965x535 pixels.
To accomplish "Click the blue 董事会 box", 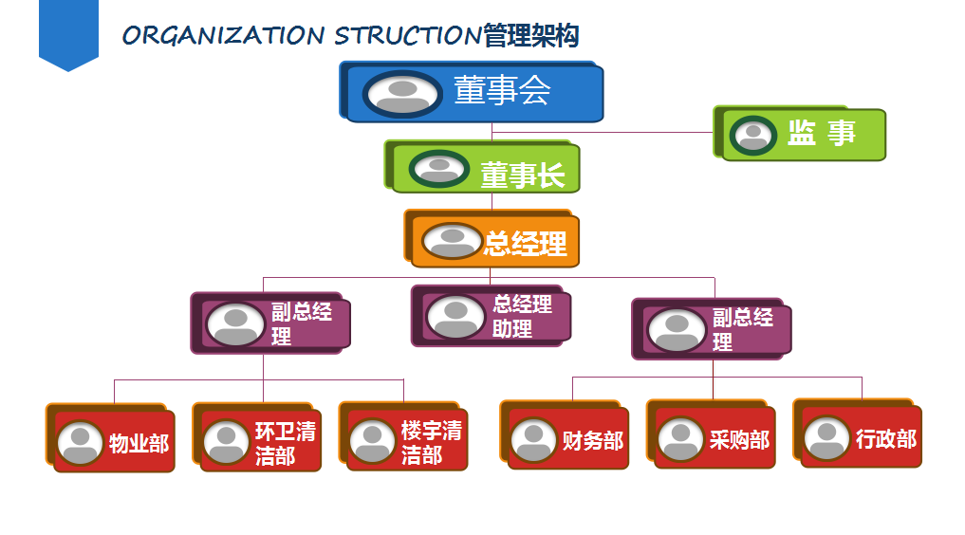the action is [472, 92].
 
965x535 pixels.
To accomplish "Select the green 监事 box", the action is [800, 134].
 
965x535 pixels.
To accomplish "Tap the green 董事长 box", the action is [482, 167].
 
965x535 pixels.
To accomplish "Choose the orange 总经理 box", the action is [492, 239].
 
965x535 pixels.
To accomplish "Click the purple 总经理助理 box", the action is [492, 316].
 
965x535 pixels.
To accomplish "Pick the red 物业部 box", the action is [111, 438].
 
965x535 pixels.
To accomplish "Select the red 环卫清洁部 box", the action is [256, 437].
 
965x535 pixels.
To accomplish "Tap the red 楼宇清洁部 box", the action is [403, 436].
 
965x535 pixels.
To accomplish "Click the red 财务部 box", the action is [565, 434].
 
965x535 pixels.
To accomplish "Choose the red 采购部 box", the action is [711, 434].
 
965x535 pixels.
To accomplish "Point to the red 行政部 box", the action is [857, 434].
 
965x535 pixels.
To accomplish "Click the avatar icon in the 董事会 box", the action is [402, 95].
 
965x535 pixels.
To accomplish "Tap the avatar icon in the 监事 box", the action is [752, 136].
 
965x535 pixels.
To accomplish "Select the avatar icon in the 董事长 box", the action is [439, 169].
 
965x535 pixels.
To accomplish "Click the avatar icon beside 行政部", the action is [826, 438].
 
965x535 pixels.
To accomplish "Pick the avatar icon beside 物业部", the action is [80, 443].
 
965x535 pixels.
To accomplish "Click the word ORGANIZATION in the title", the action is [223, 36].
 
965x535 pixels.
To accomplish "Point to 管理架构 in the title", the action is [531, 36].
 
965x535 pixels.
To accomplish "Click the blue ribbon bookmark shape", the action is [69, 36].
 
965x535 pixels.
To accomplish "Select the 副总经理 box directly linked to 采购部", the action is [712, 329].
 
